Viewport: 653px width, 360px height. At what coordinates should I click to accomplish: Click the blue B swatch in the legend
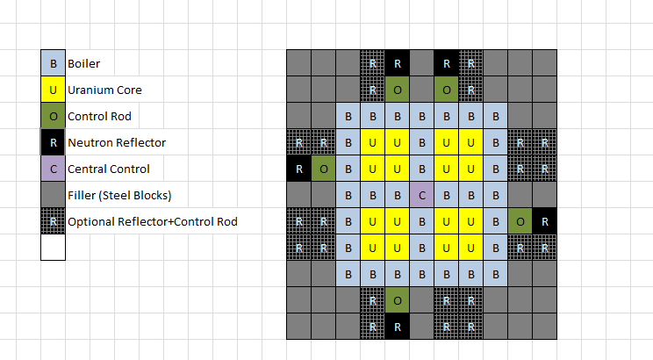coord(53,63)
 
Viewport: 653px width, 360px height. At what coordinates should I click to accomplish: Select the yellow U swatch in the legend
coord(53,90)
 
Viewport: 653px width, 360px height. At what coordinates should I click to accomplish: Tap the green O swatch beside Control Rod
coord(53,116)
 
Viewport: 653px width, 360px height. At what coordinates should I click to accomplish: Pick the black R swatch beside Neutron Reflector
coord(53,142)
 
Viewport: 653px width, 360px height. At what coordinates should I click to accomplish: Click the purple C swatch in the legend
coord(53,169)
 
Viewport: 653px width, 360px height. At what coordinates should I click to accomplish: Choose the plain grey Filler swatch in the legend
coord(53,195)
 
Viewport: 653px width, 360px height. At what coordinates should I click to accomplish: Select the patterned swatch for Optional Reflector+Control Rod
coord(53,221)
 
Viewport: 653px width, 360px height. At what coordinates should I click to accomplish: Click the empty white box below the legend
coord(53,248)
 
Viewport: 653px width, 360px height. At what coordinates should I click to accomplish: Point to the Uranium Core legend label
coord(104,90)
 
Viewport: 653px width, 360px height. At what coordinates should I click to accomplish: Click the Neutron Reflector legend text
coord(117,142)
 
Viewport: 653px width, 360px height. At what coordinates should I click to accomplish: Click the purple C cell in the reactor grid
coord(422,195)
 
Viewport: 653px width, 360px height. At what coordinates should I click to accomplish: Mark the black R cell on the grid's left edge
coord(299,169)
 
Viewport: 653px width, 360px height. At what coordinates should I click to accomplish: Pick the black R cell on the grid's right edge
coord(545,221)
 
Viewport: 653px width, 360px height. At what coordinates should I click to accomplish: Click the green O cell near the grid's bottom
coord(398,300)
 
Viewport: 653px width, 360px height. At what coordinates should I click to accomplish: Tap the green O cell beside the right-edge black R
coord(520,221)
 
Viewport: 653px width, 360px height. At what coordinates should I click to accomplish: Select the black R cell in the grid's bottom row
coord(398,327)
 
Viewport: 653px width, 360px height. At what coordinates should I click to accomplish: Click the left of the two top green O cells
coord(398,90)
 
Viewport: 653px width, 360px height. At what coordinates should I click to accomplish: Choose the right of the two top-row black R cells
coord(447,63)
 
